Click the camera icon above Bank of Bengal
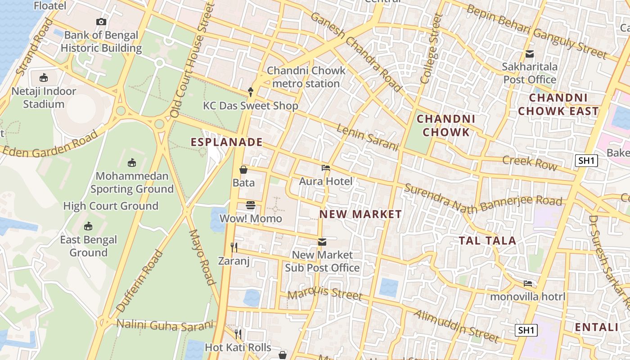(101, 22)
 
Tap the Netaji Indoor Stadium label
(44, 98)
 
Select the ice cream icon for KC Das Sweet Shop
(251, 92)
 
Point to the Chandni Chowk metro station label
(306, 77)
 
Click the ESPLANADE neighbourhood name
(227, 142)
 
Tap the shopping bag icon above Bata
(243, 170)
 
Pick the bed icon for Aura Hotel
(326, 168)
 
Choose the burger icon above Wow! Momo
(251, 205)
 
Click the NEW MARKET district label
(360, 214)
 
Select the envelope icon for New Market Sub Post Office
(322, 242)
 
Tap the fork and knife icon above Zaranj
(234, 247)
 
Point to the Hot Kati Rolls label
(238, 347)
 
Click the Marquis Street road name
(324, 294)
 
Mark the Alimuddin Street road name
(456, 326)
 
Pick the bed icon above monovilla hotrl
(528, 283)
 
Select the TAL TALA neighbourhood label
(487, 241)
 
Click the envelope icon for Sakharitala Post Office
(530, 54)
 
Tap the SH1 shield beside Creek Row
(586, 161)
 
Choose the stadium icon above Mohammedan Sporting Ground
(132, 162)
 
